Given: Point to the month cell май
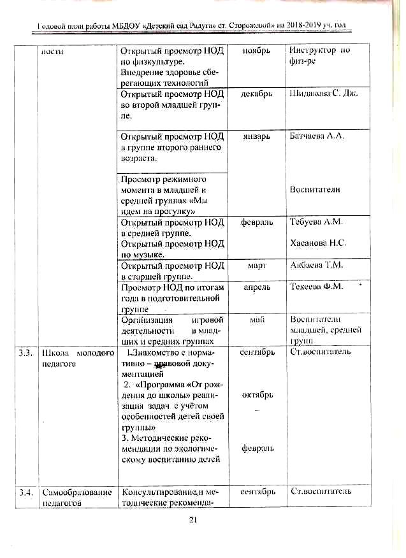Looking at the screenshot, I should pos(257,320).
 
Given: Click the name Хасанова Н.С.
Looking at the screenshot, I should pos(318,243).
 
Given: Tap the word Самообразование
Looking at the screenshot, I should pos(76,492).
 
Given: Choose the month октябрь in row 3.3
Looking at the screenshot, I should pos(257,395).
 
